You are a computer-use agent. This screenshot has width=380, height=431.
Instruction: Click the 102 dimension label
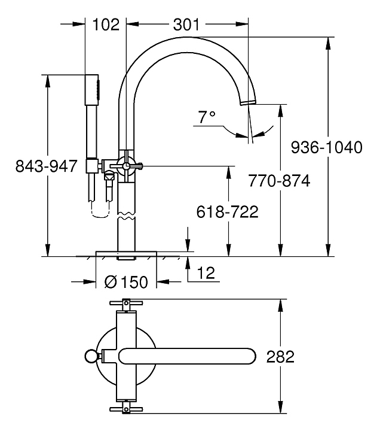106,25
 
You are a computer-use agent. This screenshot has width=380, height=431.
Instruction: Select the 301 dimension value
186,25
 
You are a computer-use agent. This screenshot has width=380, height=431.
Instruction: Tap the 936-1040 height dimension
326,147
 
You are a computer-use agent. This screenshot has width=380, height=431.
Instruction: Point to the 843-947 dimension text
47,166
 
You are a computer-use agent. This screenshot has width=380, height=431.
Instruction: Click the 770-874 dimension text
279,181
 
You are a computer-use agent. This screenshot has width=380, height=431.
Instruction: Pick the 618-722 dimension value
228,212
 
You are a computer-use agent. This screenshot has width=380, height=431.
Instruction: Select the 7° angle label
207,117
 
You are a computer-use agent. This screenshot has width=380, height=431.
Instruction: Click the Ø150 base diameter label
126,282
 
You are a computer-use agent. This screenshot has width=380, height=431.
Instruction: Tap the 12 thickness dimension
206,273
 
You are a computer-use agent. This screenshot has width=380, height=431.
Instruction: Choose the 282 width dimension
280,357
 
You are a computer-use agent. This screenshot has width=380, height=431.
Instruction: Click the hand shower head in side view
92,90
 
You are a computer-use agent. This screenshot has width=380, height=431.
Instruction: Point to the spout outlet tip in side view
248,102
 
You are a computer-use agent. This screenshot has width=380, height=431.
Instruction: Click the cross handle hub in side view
126,166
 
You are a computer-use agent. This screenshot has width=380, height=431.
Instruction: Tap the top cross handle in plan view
126,303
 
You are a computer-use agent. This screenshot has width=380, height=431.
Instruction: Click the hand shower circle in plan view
91,356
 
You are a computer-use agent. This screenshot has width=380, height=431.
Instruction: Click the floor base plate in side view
126,254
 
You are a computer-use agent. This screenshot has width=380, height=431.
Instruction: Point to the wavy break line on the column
127,215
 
